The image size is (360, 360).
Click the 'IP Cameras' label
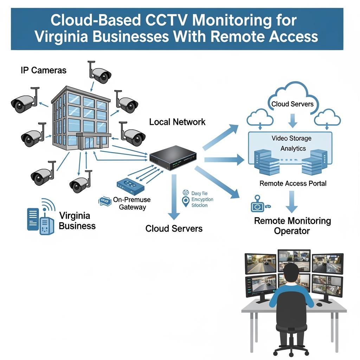pyautogui.click(x=44, y=70)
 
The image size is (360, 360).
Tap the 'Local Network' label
pyautogui.click(x=177, y=122)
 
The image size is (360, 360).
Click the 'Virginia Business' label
pyautogui.click(x=77, y=220)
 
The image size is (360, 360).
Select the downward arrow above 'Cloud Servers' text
pyautogui.click(x=173, y=197)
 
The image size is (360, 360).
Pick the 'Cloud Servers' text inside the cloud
pyautogui.click(x=292, y=104)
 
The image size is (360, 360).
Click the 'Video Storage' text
pyautogui.click(x=291, y=139)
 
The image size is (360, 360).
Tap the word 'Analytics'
pyautogui.click(x=293, y=148)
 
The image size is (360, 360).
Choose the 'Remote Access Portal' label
pyautogui.click(x=293, y=184)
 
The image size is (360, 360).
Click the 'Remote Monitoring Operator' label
pyautogui.click(x=292, y=226)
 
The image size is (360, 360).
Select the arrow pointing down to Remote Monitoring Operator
pyautogui.click(x=291, y=202)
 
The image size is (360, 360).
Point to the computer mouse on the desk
pyautogui.click(x=319, y=303)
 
